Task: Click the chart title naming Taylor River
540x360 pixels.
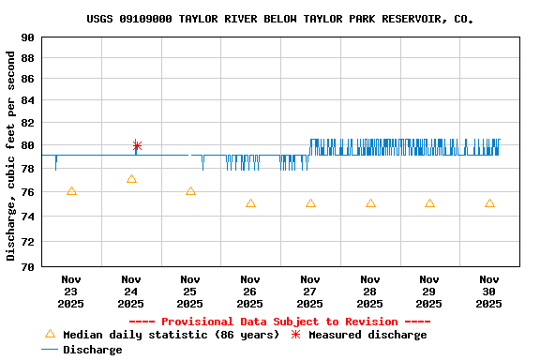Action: (x=279, y=19)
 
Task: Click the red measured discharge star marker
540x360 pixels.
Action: (x=137, y=145)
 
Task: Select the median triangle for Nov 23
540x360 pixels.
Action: (x=71, y=191)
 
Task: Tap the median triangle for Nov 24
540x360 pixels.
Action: (x=131, y=179)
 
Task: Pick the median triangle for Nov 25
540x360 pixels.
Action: (x=190, y=191)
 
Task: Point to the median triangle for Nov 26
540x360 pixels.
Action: (x=250, y=203)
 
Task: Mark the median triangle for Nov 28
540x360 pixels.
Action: (x=370, y=203)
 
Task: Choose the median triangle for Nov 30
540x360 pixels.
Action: (x=489, y=203)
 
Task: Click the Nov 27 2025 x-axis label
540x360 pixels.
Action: (x=310, y=291)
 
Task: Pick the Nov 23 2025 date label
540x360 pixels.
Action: (x=71, y=291)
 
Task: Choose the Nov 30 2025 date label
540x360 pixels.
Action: (x=489, y=291)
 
